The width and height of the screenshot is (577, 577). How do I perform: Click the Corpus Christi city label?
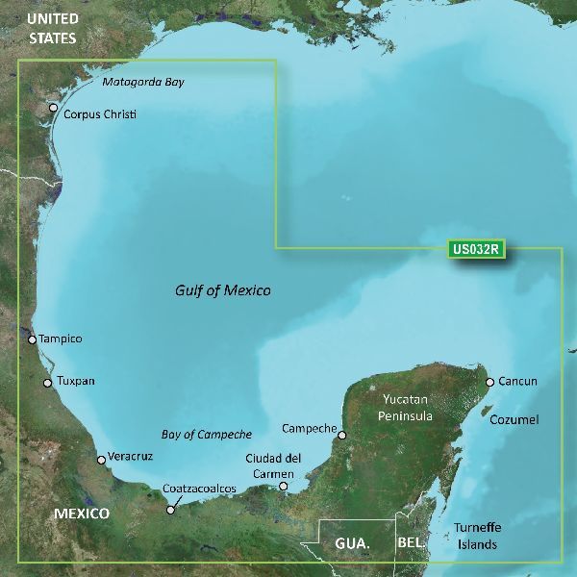(100, 114)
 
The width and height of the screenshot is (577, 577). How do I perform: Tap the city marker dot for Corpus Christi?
(53, 108)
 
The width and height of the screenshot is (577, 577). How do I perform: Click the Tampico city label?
(61, 339)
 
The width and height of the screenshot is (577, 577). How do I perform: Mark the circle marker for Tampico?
(32, 339)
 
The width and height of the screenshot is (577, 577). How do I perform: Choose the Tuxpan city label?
(76, 382)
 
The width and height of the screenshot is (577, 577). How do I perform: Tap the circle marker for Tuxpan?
(48, 383)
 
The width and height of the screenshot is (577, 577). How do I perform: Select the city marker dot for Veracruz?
(101, 460)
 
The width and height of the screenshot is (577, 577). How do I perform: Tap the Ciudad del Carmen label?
(275, 464)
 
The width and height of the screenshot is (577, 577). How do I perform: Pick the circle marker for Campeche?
(341, 435)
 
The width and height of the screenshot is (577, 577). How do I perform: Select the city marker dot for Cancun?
(489, 382)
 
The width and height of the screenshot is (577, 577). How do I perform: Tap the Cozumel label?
(514, 420)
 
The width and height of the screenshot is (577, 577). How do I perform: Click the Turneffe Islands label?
(477, 537)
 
